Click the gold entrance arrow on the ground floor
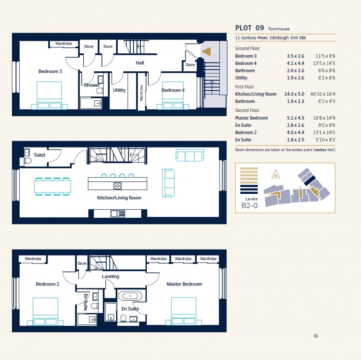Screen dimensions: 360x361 point(207,52)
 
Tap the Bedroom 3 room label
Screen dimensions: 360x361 point(50,71)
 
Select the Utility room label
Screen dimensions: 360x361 point(119,90)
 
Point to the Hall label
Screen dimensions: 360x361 point(140,63)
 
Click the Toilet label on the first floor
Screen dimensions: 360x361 point(39,155)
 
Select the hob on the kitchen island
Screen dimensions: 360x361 point(118,186)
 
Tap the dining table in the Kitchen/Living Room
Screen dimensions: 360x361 point(53,186)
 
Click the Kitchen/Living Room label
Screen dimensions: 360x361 point(119,198)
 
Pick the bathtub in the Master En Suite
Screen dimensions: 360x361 point(130,296)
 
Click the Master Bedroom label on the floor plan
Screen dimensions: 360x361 point(184,284)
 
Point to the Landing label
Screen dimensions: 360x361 point(111,276)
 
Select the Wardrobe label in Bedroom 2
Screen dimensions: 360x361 point(33,259)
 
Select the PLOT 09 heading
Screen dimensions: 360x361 point(249,28)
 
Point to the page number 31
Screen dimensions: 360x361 point(316,336)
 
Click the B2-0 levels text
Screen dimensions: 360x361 point(249,206)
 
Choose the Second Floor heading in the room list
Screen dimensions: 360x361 point(247,110)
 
